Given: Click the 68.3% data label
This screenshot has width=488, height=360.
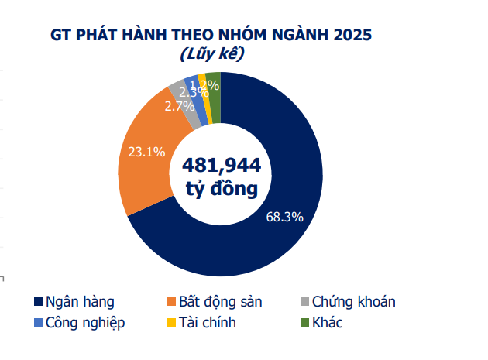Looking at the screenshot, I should click(x=284, y=217).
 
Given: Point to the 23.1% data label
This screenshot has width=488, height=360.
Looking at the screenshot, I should click(x=146, y=152).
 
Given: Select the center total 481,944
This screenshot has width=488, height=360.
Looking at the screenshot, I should click(x=221, y=165).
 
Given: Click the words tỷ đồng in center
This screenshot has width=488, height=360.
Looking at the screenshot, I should click(x=221, y=189).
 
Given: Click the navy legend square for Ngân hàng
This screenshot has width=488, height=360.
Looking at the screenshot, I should click(x=38, y=302).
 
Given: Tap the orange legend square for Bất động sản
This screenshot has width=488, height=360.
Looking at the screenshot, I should click(x=171, y=302).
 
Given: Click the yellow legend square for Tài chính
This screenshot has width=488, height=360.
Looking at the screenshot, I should click(x=171, y=323).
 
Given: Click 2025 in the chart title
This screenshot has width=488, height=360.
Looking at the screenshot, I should click(x=352, y=35).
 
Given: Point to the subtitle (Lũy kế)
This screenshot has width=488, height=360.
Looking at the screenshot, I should click(x=211, y=55).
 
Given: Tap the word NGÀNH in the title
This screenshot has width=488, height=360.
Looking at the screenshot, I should click(x=300, y=35).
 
